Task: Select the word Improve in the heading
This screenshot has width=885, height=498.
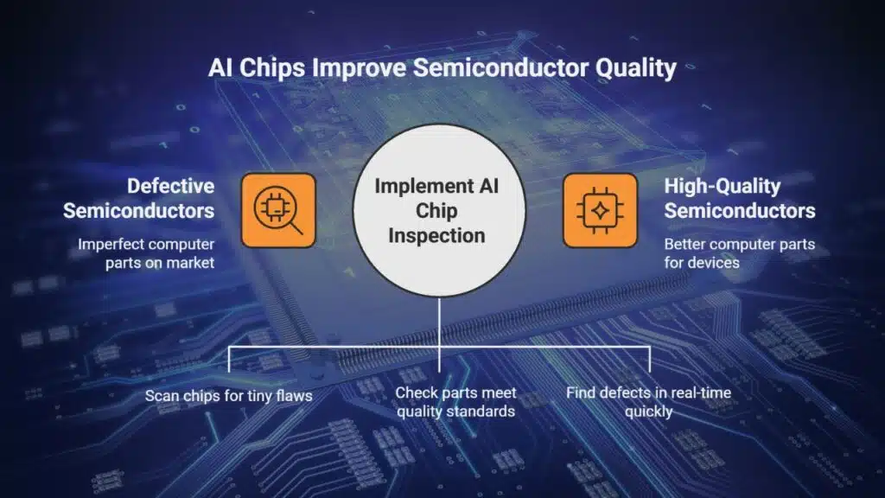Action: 359,68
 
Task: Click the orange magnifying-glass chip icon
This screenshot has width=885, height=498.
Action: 278,210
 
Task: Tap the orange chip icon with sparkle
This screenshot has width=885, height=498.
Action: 600,210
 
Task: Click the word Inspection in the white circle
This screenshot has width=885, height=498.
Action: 436,235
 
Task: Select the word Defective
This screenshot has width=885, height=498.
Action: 170,186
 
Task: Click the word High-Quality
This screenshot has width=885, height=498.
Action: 723,187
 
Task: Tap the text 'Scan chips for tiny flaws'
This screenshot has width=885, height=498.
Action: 228,396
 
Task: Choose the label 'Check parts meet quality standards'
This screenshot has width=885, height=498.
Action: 456,402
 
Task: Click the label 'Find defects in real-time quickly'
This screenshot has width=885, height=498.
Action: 648,402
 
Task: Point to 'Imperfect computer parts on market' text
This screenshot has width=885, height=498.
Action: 146,253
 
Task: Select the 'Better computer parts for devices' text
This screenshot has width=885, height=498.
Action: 740,253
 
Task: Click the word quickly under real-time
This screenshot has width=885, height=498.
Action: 648,412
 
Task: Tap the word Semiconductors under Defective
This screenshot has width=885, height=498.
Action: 139,211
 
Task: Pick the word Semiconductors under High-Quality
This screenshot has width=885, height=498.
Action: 740,211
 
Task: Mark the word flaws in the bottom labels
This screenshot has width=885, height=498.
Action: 294,395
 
